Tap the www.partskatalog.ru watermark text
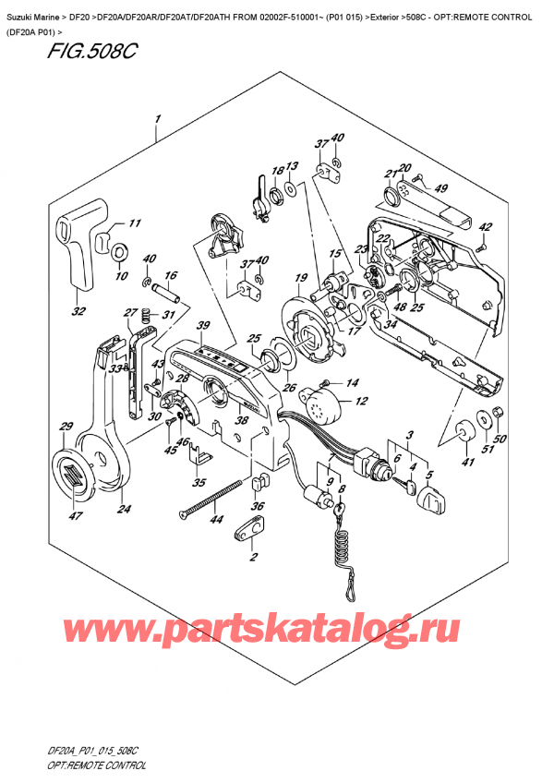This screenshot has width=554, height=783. coord(277,631)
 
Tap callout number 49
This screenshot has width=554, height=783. coord(440,189)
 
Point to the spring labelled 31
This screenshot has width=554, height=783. coord(144,320)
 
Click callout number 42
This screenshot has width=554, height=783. coord(487,226)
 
